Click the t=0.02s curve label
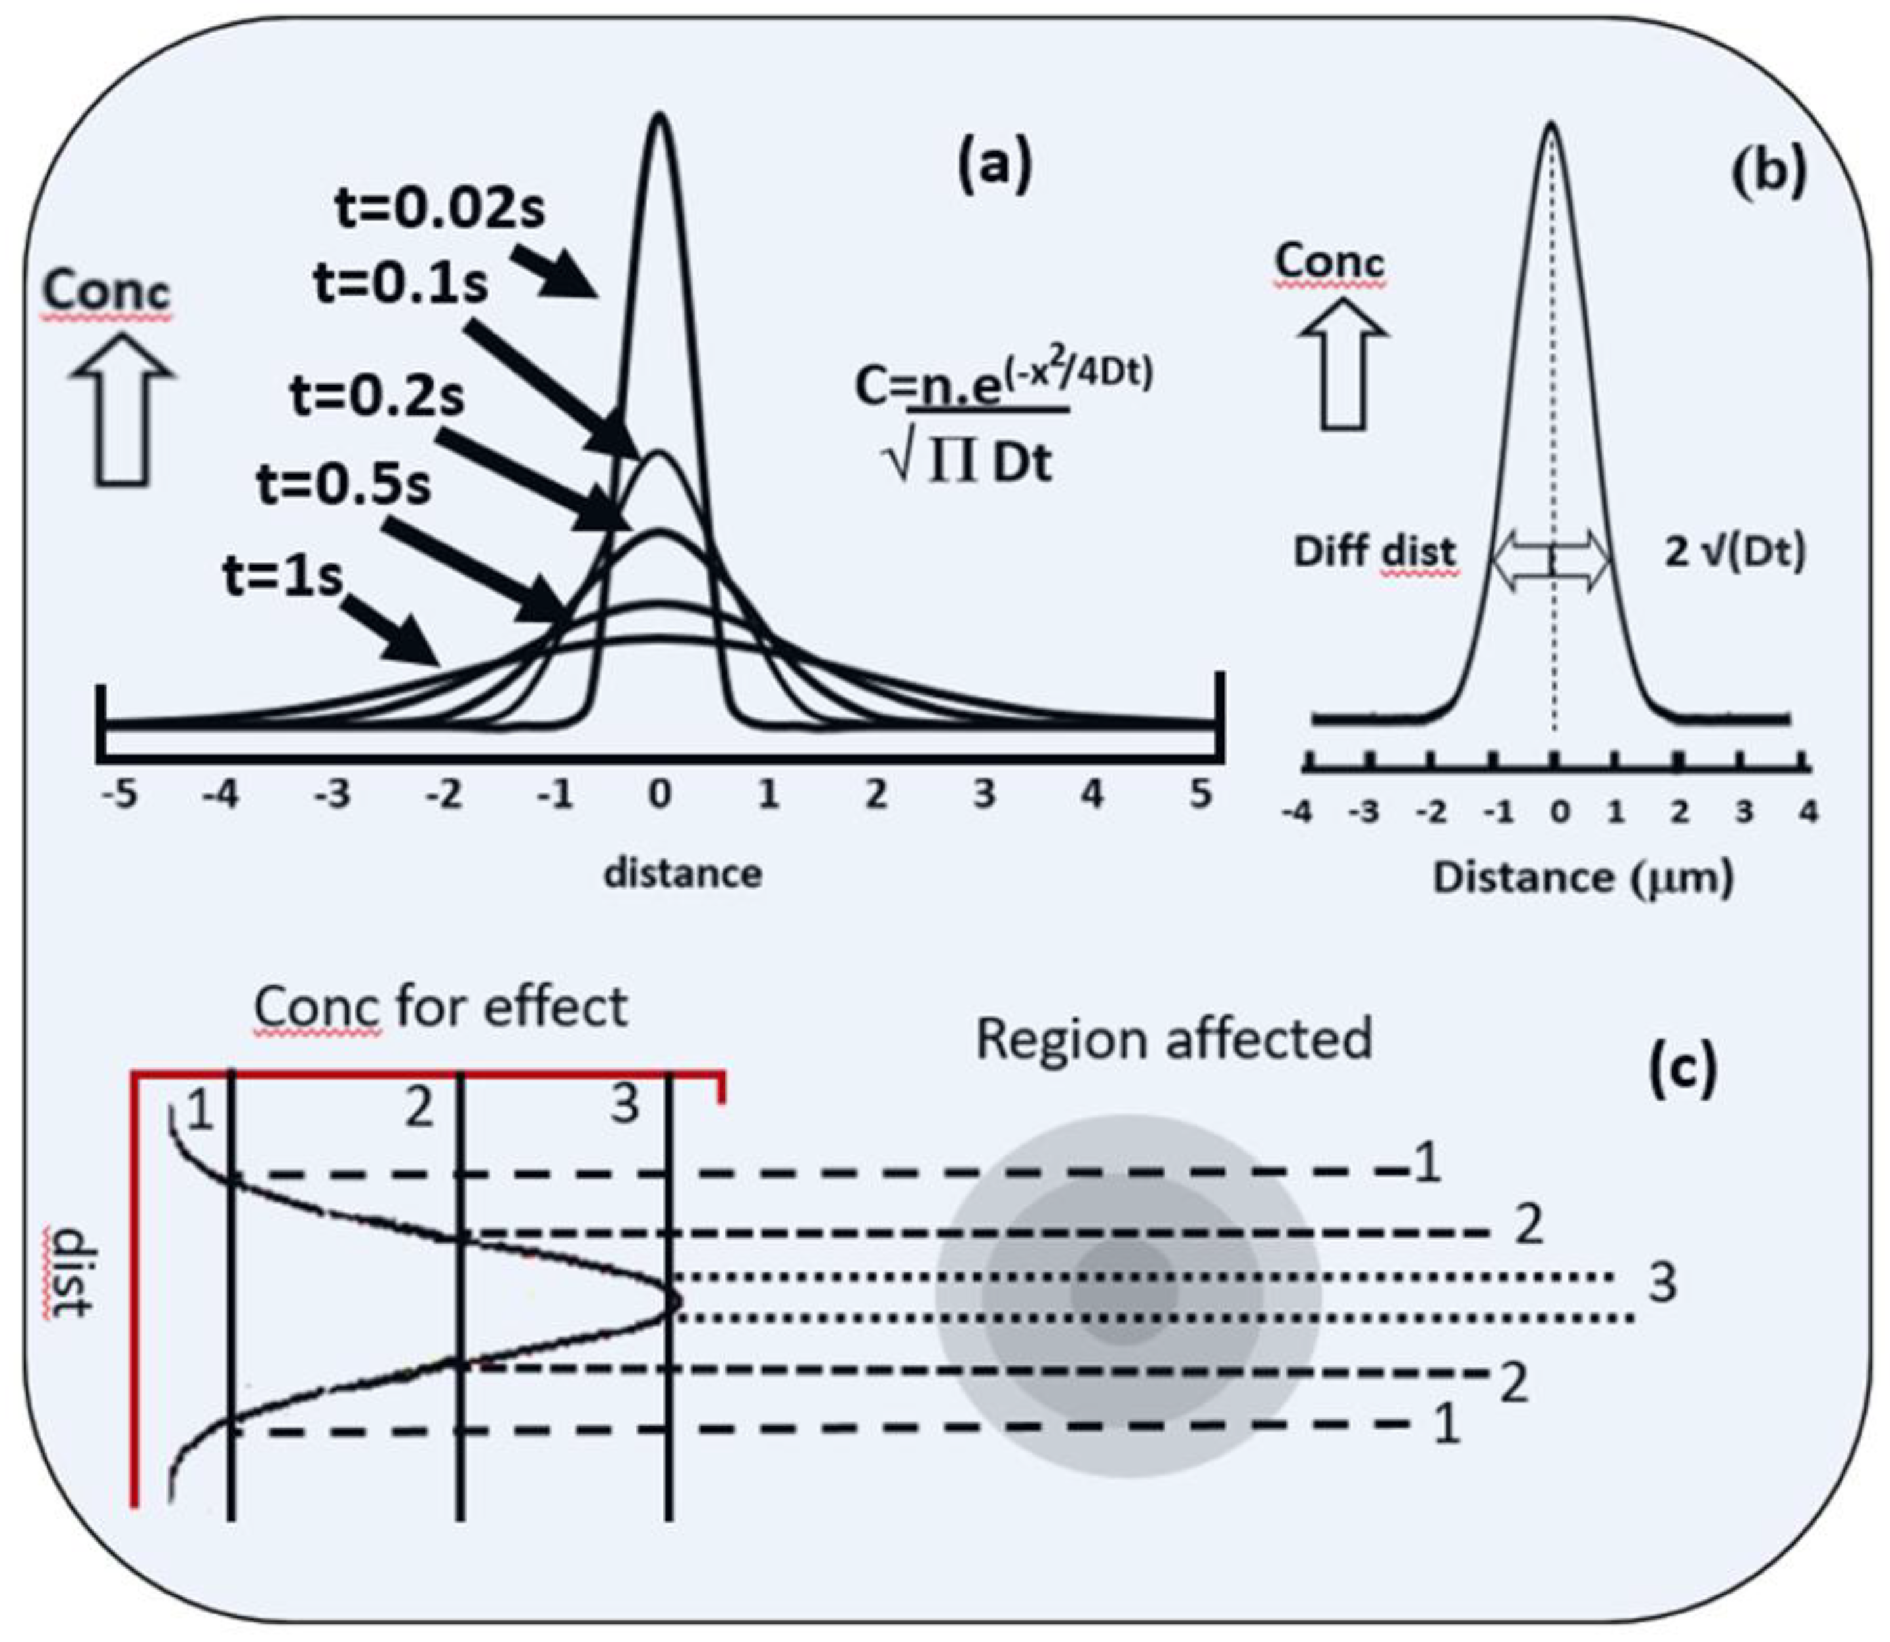(440, 209)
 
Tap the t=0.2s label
(377, 398)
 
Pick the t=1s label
(282, 577)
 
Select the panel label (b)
(1768, 172)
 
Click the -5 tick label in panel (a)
(119, 794)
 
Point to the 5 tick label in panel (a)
(1201, 794)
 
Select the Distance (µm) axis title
(1583, 878)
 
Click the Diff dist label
(1374, 552)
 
